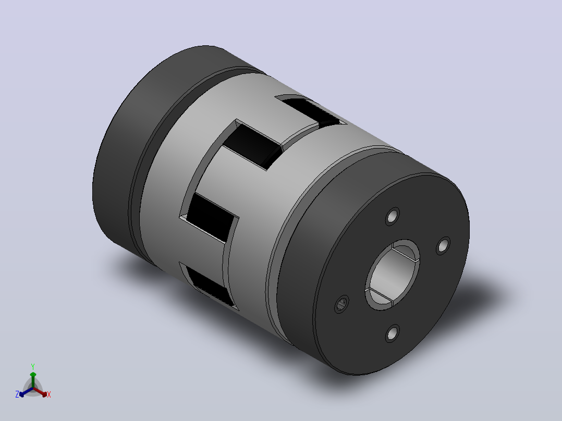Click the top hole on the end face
pos(393,216)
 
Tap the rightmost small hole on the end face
pos(443,246)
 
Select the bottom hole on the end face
pos(393,333)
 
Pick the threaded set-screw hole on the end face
pos(341,304)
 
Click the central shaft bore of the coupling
pos(393,275)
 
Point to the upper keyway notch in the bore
pos(406,252)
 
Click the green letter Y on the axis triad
pos(33,366)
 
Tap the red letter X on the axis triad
pos(49,394)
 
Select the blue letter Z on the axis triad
pos(17,394)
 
